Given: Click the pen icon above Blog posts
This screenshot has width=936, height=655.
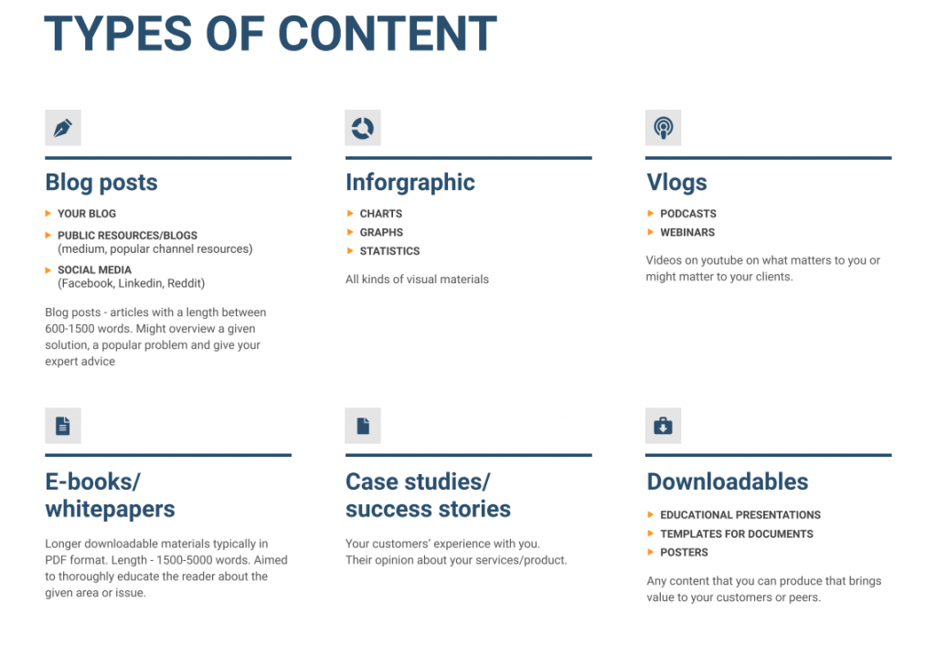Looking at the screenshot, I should coord(62,128).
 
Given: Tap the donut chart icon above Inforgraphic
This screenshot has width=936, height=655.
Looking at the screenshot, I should coord(363,128).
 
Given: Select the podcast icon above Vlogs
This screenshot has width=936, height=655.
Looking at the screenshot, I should coord(663,128).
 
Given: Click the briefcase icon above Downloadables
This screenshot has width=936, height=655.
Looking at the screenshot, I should coord(663,426).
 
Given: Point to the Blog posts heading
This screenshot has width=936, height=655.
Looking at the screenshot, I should coord(101,183).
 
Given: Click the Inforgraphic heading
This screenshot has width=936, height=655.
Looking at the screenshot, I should coord(410,183).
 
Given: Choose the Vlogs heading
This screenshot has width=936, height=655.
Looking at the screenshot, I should coord(676,183).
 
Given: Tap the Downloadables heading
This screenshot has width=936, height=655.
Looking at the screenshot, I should coord(728,481).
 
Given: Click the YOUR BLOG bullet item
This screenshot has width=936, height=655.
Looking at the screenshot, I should coord(87,214).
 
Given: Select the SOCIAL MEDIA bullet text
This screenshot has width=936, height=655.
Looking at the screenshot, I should coord(94,270).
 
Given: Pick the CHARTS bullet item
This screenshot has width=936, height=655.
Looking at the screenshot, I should coord(381,214).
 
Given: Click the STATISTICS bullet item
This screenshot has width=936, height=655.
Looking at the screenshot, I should coord(389,251).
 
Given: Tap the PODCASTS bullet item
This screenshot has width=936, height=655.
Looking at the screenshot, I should coord(688,214).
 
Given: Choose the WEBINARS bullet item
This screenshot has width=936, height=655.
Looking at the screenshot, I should coord(687,233).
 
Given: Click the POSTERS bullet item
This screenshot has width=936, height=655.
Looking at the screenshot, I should coord(684,553).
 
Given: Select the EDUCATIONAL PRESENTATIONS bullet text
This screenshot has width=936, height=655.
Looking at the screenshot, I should coord(740,515).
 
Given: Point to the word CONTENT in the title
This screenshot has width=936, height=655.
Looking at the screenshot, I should coord(388,34).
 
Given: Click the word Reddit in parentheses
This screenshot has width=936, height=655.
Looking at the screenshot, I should coord(184,283).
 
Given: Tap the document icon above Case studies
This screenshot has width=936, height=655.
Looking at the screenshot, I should coord(363,426).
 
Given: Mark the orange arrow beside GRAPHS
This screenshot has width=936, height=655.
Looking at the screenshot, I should coord(350,232).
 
